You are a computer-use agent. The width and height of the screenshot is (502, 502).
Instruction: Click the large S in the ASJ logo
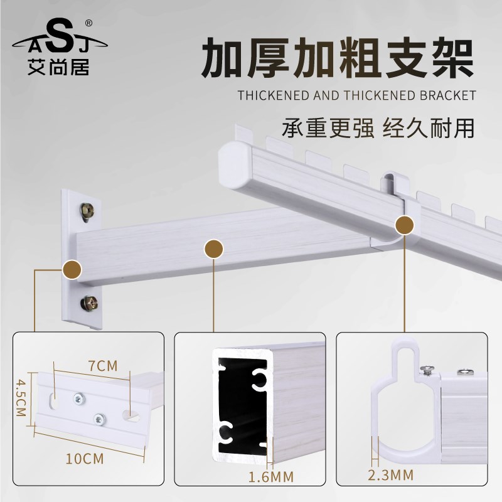point(59,36)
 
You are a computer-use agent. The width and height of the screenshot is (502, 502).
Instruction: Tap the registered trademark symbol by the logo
point(88,23)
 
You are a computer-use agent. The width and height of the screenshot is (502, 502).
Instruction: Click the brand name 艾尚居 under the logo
point(58,67)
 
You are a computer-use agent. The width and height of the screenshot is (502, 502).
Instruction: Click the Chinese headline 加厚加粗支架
point(338,58)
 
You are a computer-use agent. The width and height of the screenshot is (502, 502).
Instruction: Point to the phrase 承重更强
point(328,129)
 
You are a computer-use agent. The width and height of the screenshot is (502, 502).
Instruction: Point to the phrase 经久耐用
point(429,129)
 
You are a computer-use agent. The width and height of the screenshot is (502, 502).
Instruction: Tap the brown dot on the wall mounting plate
point(72,270)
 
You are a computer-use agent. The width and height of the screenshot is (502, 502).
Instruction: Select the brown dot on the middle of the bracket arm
point(213,248)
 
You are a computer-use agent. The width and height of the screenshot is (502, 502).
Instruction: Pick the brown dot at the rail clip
point(405,225)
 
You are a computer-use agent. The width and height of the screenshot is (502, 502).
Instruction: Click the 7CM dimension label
point(103,366)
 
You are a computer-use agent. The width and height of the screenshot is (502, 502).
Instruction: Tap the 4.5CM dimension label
point(21,398)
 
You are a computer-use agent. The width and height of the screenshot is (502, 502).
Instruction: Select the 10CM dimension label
point(85,459)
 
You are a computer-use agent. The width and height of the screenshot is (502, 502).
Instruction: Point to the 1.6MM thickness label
point(271,477)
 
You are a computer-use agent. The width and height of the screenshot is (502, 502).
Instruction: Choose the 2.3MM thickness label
point(390,475)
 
